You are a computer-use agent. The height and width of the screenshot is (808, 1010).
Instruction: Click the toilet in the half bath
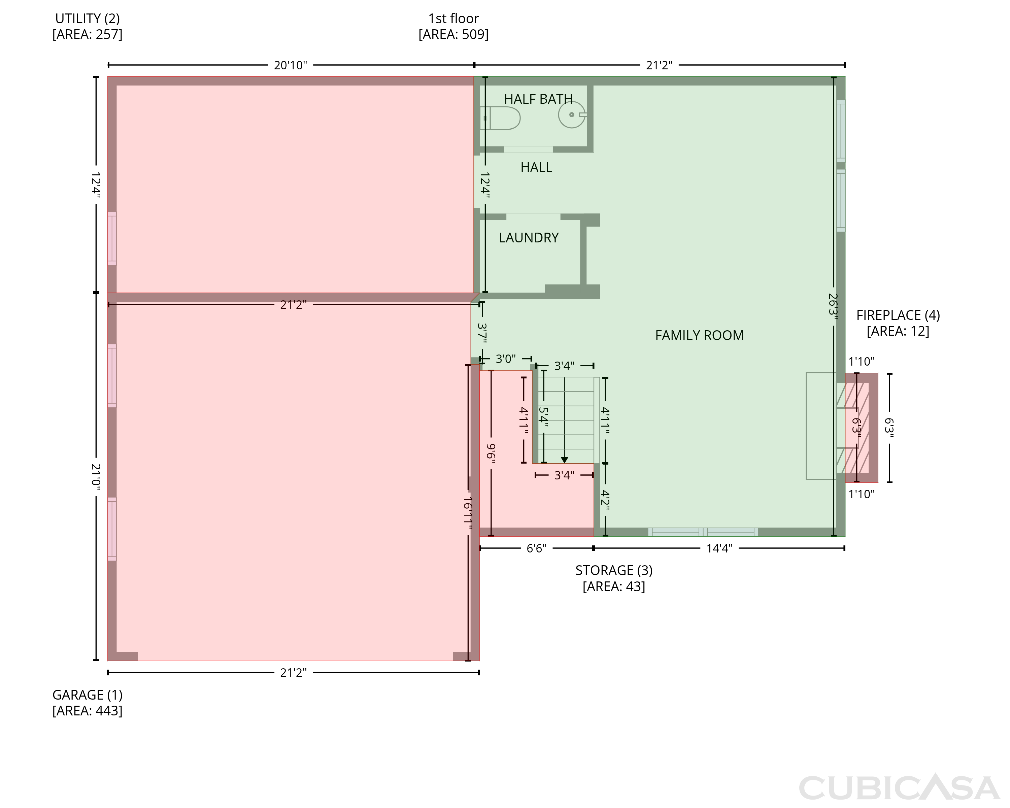point(500,118)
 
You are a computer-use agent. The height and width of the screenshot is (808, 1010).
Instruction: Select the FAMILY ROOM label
point(699,335)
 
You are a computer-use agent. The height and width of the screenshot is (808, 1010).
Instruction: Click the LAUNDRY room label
point(529,238)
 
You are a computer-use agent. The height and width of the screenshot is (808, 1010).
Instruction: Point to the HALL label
point(536,168)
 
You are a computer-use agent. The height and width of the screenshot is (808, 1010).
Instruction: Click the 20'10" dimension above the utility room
point(291,65)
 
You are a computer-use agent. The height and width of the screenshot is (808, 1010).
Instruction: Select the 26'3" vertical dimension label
point(833,307)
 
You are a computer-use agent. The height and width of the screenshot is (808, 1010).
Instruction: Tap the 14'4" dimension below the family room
point(719,548)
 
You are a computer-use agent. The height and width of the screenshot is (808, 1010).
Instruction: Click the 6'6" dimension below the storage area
point(536,548)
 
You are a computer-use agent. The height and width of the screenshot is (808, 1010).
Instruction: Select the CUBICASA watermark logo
point(900,788)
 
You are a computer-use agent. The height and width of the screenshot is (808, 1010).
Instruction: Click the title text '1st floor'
point(453,19)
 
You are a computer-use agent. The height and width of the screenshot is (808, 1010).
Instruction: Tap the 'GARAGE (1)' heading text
point(87,695)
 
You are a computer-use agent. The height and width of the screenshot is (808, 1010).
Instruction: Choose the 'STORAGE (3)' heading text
point(614,571)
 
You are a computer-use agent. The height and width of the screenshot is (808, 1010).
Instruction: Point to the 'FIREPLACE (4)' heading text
point(898,315)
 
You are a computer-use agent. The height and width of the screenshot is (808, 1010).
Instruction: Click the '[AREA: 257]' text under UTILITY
point(87,35)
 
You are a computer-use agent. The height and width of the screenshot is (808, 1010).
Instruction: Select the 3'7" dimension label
point(482,333)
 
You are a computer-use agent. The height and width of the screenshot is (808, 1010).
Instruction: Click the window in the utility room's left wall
point(112,238)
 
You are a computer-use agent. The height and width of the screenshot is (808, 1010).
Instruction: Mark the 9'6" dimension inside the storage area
point(491,453)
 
